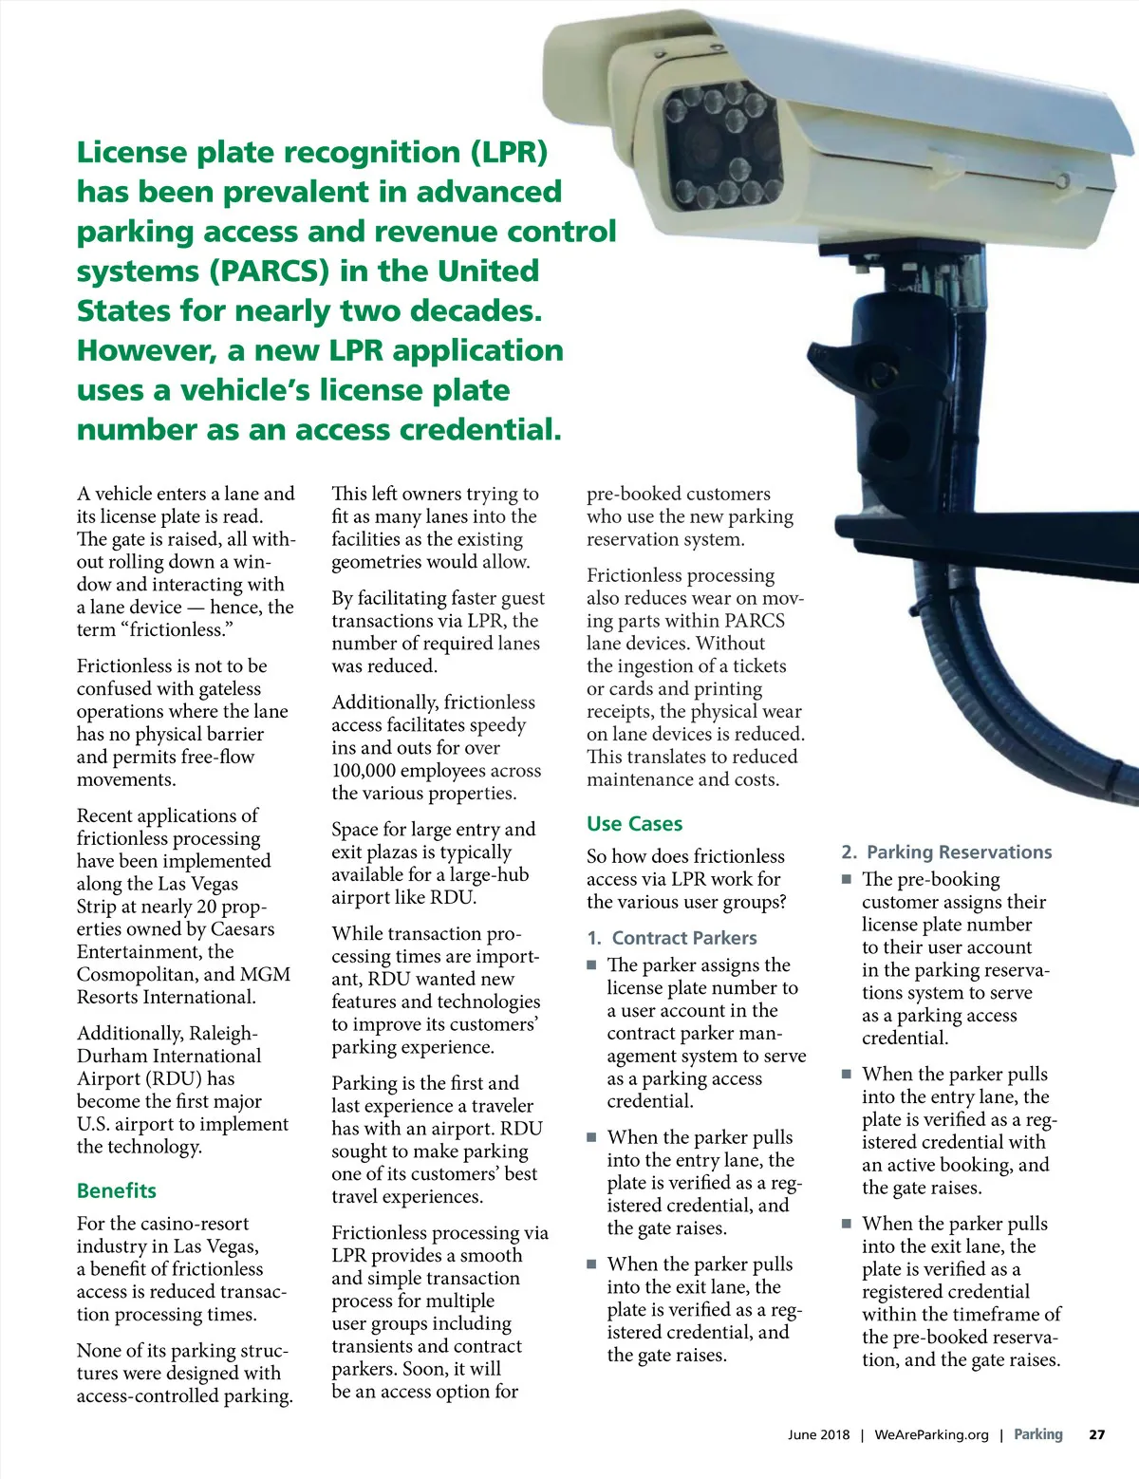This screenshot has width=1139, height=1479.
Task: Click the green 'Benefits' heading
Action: tap(116, 1190)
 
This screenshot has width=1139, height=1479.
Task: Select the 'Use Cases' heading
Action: tap(634, 824)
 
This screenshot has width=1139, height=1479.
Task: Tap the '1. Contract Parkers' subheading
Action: tap(672, 938)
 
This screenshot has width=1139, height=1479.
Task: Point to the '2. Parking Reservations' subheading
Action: tap(947, 852)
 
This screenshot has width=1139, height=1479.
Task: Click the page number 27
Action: tap(1096, 1434)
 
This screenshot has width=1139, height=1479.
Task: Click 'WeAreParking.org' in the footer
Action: tap(931, 1434)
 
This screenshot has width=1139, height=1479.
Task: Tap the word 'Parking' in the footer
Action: tap(1038, 1434)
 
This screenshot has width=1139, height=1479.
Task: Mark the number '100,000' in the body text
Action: tap(375, 771)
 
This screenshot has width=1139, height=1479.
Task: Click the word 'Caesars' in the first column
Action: tap(242, 929)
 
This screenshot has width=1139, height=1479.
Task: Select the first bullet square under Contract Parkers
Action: tap(591, 964)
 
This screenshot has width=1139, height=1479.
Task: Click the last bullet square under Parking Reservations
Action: tap(847, 1224)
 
